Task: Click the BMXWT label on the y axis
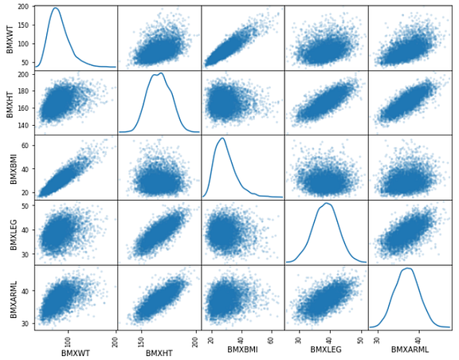(x=10, y=37)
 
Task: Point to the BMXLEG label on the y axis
(x=10, y=231)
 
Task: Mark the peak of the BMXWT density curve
(x=56, y=9)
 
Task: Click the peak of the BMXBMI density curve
(x=222, y=138)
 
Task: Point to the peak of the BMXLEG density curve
(x=327, y=203)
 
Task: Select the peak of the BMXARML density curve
(x=410, y=268)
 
